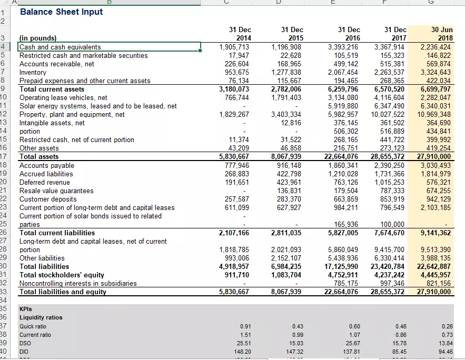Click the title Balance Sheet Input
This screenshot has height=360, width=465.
61,12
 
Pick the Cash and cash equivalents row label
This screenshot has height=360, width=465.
60,47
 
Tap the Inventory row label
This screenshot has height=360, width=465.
33,72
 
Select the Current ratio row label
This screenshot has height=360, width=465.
35,335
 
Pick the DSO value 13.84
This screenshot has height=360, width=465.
446,343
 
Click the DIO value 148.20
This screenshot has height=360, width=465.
242,352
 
